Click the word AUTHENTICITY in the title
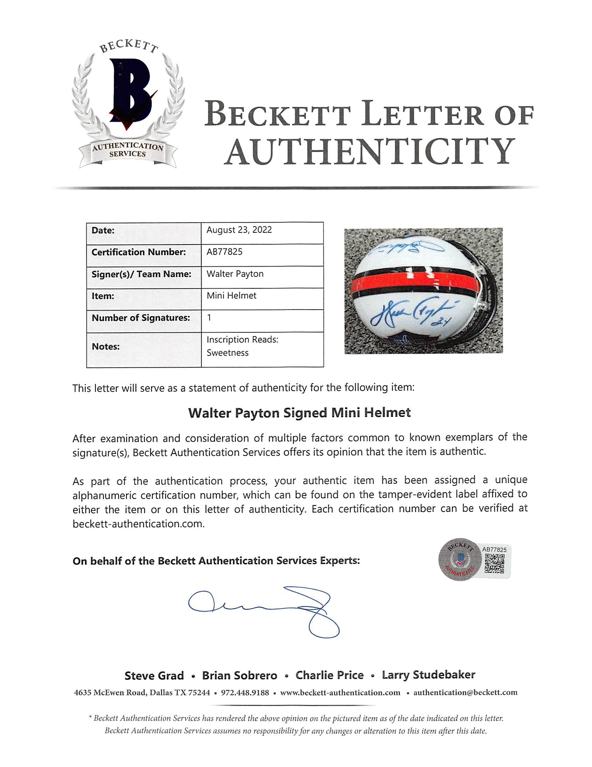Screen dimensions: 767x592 click(x=370, y=152)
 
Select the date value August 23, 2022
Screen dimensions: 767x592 click(x=239, y=230)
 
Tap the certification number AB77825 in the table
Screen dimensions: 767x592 click(x=224, y=252)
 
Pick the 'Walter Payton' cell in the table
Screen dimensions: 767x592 click(x=235, y=274)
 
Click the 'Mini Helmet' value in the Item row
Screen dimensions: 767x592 click(x=231, y=296)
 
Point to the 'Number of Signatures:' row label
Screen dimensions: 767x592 click(x=140, y=318)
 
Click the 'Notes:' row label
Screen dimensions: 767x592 click(x=106, y=347)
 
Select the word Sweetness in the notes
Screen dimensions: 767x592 click(x=227, y=353)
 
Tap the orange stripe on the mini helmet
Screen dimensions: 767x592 click(x=415, y=283)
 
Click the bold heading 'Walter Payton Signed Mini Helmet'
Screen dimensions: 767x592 click(x=299, y=413)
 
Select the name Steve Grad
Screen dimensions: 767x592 click(x=154, y=675)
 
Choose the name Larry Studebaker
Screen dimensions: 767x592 click(x=428, y=675)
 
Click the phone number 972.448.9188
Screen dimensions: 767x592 click(x=245, y=692)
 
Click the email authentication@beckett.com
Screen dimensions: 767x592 click(x=465, y=692)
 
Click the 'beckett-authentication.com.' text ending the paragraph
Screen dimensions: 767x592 click(x=138, y=524)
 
